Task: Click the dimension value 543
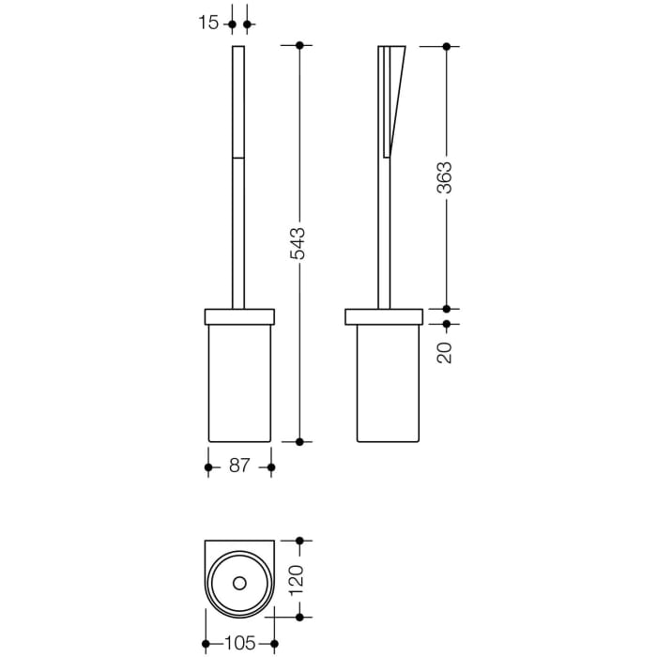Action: click(x=298, y=243)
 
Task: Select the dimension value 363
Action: click(x=445, y=177)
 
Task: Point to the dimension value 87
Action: click(x=239, y=466)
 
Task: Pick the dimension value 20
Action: click(x=445, y=352)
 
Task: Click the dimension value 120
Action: click(x=298, y=579)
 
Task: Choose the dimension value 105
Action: click(x=239, y=644)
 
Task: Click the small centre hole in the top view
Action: click(x=239, y=584)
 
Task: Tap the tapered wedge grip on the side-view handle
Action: click(x=392, y=99)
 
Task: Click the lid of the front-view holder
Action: click(x=239, y=316)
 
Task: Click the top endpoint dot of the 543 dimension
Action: click(x=298, y=45)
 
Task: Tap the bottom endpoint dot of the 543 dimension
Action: click(x=298, y=440)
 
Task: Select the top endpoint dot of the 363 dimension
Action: click(x=445, y=45)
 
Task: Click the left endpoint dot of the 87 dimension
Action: click(x=208, y=466)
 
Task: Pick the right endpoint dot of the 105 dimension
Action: click(x=274, y=644)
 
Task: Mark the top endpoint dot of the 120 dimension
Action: click(x=298, y=541)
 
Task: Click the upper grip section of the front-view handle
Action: click(x=238, y=100)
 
